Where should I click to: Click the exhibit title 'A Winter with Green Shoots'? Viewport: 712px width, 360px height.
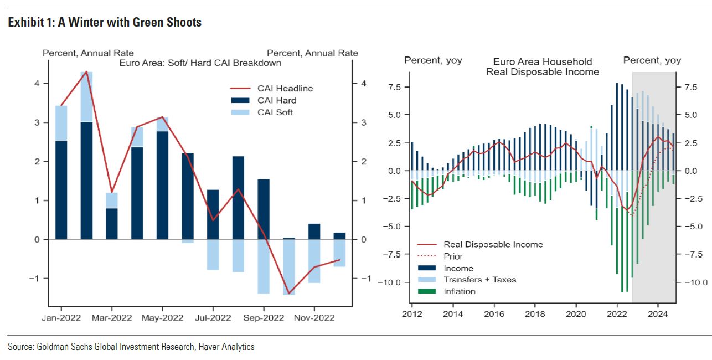click(128, 23)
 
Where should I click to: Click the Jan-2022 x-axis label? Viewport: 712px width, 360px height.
click(61, 318)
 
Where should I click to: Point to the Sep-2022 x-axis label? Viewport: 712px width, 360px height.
click(263, 318)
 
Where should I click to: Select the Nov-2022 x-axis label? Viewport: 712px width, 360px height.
click(314, 318)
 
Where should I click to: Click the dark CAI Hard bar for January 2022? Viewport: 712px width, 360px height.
click(61, 190)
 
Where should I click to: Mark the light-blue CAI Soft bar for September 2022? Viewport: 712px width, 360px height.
click(263, 266)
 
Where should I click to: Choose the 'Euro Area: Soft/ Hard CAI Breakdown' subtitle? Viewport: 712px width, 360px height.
click(200, 63)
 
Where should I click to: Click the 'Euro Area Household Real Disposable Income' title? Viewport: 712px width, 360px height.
click(543, 66)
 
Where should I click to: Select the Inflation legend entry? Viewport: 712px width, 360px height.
click(459, 291)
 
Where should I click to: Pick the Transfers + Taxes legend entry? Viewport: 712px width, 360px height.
click(479, 280)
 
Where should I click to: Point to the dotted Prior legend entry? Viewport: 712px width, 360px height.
click(453, 256)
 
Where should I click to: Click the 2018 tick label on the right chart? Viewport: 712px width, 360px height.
click(535, 314)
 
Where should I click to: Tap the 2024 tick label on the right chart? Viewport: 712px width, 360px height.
click(658, 314)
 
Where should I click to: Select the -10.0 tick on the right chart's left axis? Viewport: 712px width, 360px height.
click(391, 282)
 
